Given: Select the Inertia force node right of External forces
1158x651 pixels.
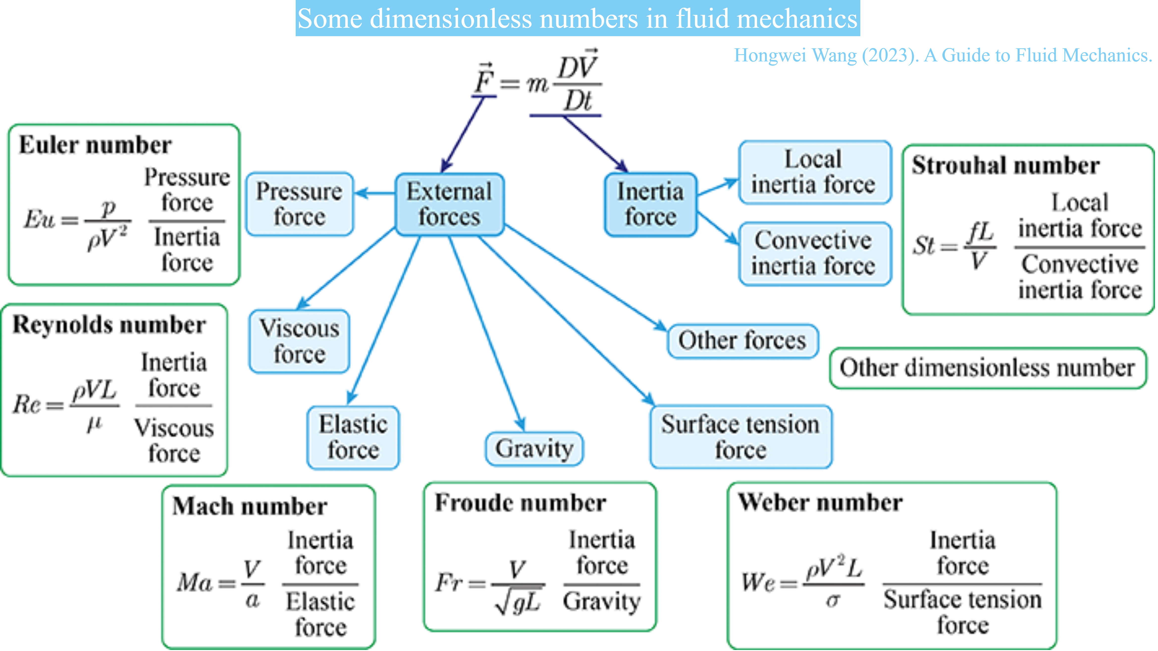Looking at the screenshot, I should (x=651, y=205).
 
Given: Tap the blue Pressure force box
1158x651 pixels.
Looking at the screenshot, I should (x=299, y=204).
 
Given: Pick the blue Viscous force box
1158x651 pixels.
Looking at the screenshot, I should (x=299, y=341).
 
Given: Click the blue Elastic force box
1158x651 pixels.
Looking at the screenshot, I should (x=353, y=437).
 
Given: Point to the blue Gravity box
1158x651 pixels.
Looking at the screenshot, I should (x=534, y=449).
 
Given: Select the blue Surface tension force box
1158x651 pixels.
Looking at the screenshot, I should (x=740, y=437).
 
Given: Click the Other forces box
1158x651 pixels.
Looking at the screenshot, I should (x=742, y=341).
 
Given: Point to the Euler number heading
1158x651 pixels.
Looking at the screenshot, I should (x=95, y=145).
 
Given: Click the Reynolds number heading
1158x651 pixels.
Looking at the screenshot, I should (x=109, y=325).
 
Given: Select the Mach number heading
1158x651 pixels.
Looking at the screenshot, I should (x=250, y=506).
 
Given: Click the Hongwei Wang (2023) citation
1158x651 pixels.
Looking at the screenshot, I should (x=943, y=55).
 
